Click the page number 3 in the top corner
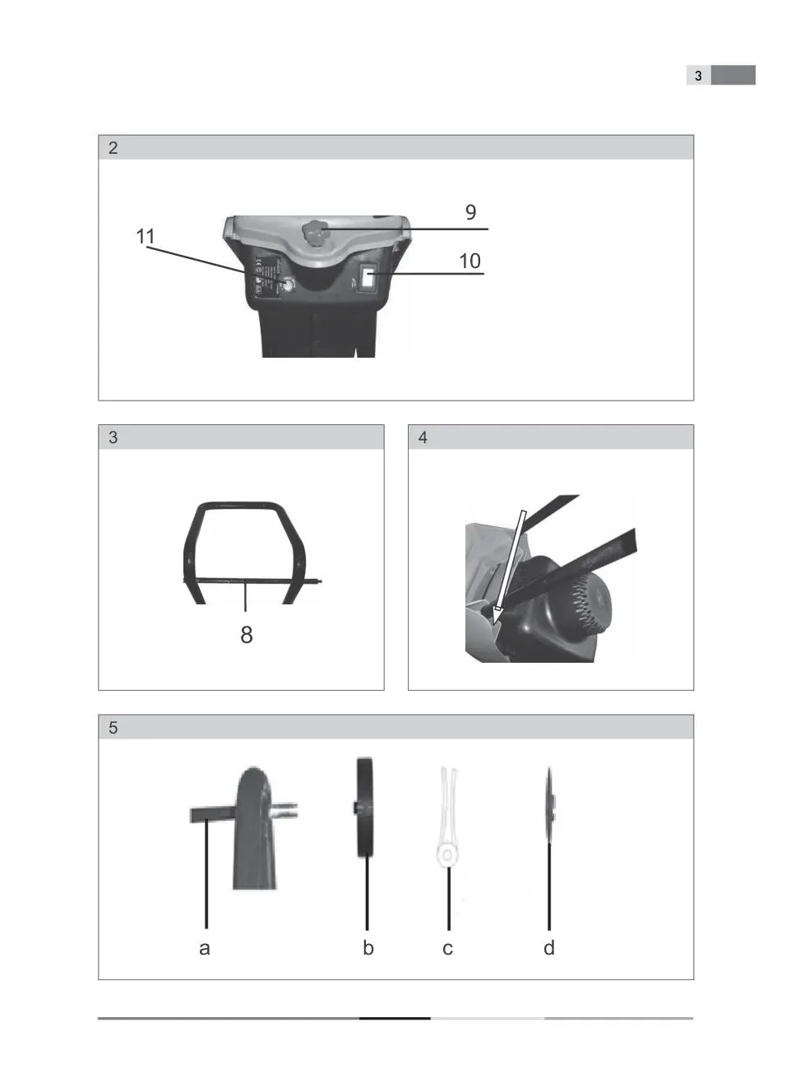pyautogui.click(x=698, y=76)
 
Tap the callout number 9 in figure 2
pyautogui.click(x=470, y=212)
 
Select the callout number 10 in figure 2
pyautogui.click(x=470, y=261)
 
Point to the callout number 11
pyautogui.click(x=146, y=237)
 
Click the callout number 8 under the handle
pyautogui.click(x=246, y=635)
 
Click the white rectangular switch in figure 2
pyautogui.click(x=368, y=279)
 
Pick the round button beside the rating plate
pyautogui.click(x=287, y=285)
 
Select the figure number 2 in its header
pyautogui.click(x=113, y=148)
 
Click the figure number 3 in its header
pyautogui.click(x=113, y=437)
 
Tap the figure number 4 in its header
pyautogui.click(x=423, y=437)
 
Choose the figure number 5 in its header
pyautogui.click(x=113, y=728)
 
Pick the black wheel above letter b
pyautogui.click(x=364, y=807)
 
